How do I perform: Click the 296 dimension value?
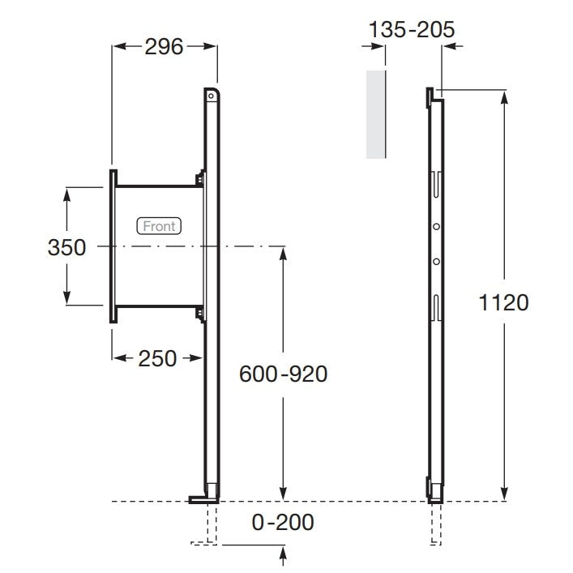[x=164, y=47]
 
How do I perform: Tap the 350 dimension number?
[x=67, y=247]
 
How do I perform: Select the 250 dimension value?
[x=157, y=358]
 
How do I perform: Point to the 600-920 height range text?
[x=283, y=374]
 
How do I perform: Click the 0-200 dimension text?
[x=283, y=522]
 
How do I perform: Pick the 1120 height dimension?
[x=503, y=302]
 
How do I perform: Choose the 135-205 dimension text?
[x=412, y=29]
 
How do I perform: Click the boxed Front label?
[x=159, y=226]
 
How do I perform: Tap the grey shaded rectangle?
[x=376, y=114]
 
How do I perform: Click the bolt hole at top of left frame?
[x=211, y=96]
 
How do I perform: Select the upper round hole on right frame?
[x=436, y=227]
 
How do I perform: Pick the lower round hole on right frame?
[x=436, y=261]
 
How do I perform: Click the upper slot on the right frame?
[x=436, y=185]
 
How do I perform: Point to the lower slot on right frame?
[x=436, y=308]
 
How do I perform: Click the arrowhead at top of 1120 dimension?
[x=504, y=98]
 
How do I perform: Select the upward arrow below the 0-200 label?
[x=283, y=558]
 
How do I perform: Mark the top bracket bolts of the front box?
[x=200, y=179]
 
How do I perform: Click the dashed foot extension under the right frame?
[x=436, y=524]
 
